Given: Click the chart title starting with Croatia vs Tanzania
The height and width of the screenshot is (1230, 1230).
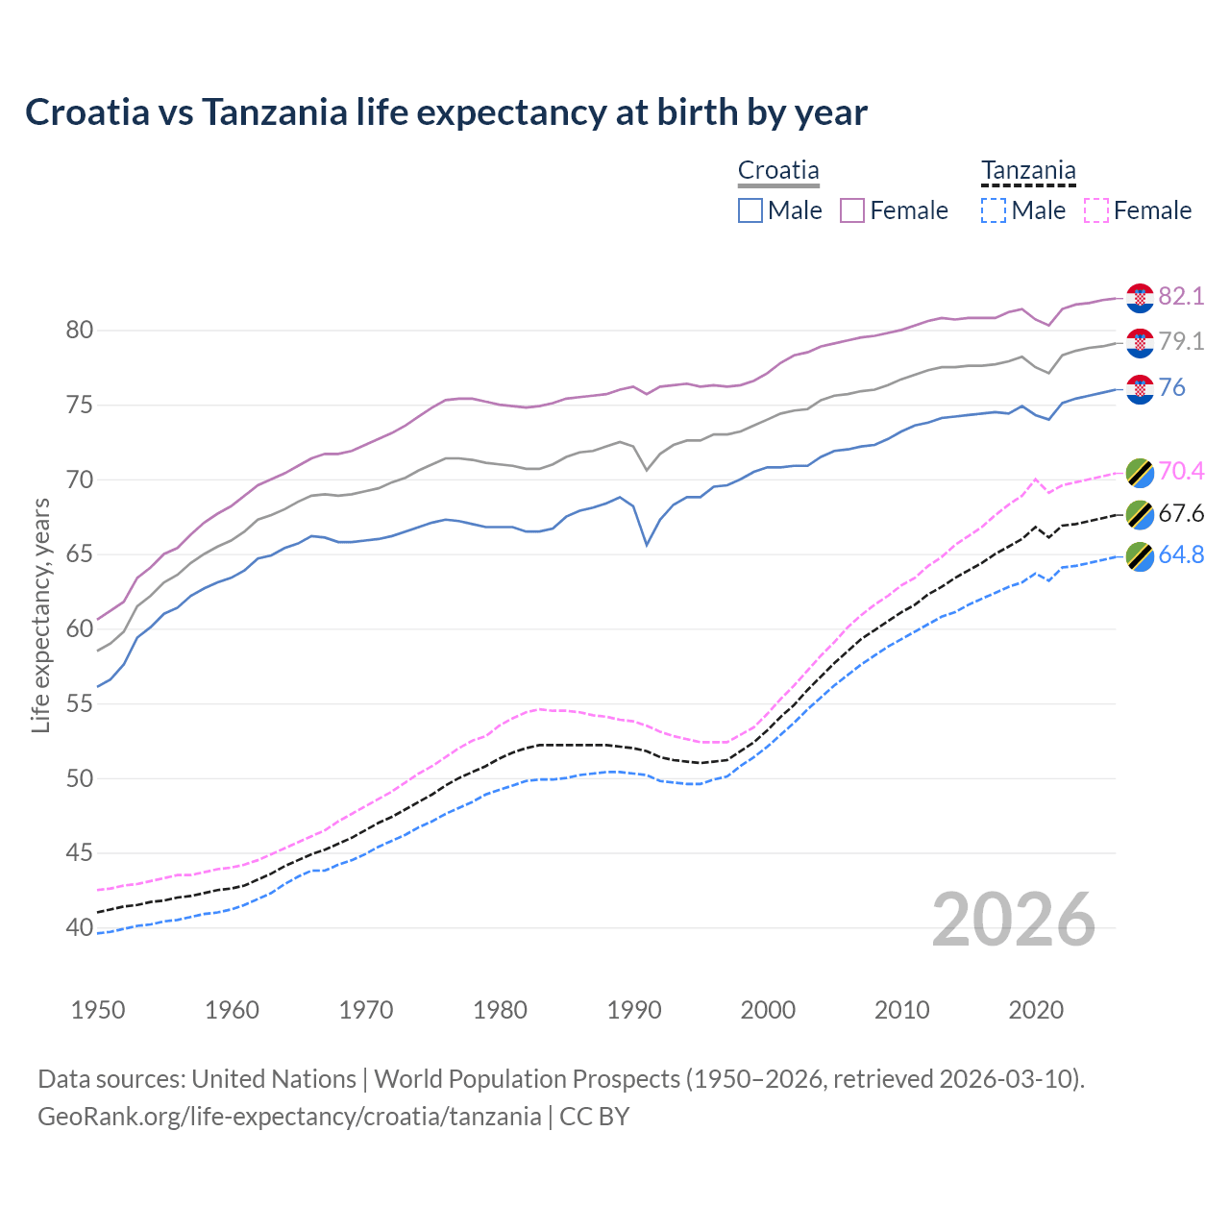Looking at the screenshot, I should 446,112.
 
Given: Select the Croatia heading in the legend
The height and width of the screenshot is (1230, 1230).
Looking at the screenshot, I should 778,170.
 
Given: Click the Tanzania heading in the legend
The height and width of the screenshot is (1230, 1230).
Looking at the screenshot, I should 1028,170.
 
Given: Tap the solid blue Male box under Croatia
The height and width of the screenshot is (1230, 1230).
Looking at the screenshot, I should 750,210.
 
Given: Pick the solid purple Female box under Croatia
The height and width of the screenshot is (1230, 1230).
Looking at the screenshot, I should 852,210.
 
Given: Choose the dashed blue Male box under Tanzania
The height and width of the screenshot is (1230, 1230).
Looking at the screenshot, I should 994,210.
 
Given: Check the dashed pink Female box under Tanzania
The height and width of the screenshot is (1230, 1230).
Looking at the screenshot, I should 1096,210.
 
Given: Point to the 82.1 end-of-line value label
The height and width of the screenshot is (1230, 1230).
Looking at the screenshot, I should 1181,296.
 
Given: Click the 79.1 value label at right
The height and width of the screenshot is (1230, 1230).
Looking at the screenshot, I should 1181,341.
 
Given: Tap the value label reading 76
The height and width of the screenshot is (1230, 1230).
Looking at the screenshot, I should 1172,387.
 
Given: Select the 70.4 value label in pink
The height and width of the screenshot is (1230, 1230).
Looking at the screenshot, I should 1181,471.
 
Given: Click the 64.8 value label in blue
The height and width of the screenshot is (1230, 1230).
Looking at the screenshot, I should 1181,555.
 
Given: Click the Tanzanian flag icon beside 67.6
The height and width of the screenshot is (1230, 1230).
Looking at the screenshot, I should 1140,514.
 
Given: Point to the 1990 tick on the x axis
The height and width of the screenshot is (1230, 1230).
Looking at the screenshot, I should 634,1010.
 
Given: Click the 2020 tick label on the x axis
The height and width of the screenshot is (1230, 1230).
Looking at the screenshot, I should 1036,1010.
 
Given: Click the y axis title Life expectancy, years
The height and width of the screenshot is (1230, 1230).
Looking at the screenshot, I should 40,615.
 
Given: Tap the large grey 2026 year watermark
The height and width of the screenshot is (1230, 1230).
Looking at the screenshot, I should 1014,920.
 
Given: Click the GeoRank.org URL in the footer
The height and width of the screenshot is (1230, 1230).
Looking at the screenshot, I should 288,1117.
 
